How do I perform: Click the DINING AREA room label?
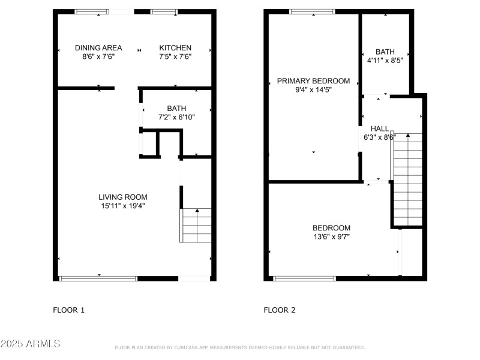[x=98, y=48]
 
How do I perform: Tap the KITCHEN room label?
[x=175, y=48]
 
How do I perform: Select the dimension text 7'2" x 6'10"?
[x=176, y=117]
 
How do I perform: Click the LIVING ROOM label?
[x=123, y=197]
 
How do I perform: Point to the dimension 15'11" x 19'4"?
[x=123, y=206]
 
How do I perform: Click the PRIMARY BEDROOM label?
[x=313, y=81]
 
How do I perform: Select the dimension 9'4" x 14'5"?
[x=313, y=90]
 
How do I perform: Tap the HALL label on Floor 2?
[x=380, y=128]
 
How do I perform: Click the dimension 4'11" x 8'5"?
[x=385, y=61]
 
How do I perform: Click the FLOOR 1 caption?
[x=69, y=310]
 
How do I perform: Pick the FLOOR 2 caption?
[x=280, y=310]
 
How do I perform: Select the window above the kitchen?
[x=163, y=11]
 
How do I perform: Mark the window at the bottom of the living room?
[x=98, y=278]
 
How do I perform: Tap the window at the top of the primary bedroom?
[x=312, y=11]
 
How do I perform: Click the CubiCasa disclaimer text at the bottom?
[x=239, y=347]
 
